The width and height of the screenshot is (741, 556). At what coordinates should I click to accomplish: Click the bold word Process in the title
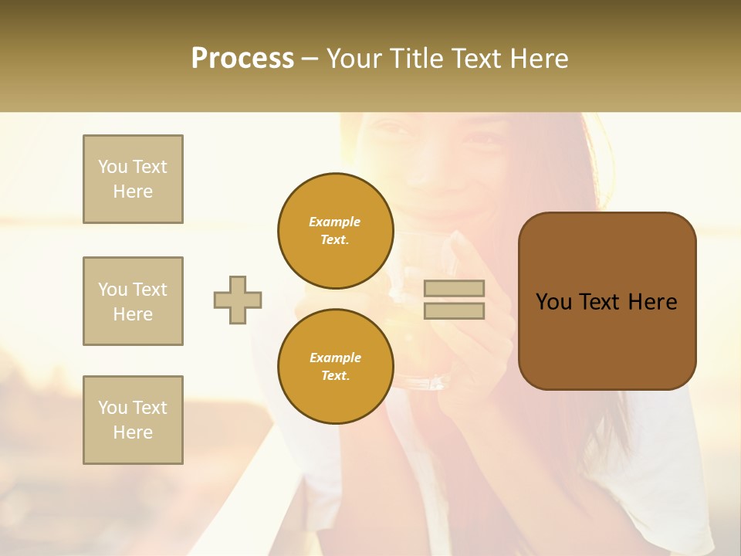click(242, 59)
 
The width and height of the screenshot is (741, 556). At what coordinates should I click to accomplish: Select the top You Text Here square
click(133, 179)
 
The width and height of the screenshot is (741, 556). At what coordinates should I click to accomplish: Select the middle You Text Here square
click(133, 301)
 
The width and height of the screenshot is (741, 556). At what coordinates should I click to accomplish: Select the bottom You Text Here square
click(133, 420)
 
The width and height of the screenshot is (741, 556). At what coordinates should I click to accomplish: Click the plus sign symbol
click(237, 300)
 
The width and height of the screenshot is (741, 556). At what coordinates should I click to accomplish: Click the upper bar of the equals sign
click(455, 289)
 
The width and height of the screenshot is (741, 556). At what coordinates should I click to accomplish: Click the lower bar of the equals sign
click(455, 310)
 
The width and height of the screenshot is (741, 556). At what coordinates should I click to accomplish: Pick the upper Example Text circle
click(335, 231)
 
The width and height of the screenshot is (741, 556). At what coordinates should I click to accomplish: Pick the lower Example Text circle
click(335, 367)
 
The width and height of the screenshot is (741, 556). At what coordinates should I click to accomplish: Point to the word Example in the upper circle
click(335, 222)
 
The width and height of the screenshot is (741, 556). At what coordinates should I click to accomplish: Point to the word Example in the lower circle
click(335, 358)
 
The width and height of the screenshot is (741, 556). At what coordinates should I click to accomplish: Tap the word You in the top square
click(112, 167)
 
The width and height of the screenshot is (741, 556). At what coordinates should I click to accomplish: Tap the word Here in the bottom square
click(133, 432)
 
